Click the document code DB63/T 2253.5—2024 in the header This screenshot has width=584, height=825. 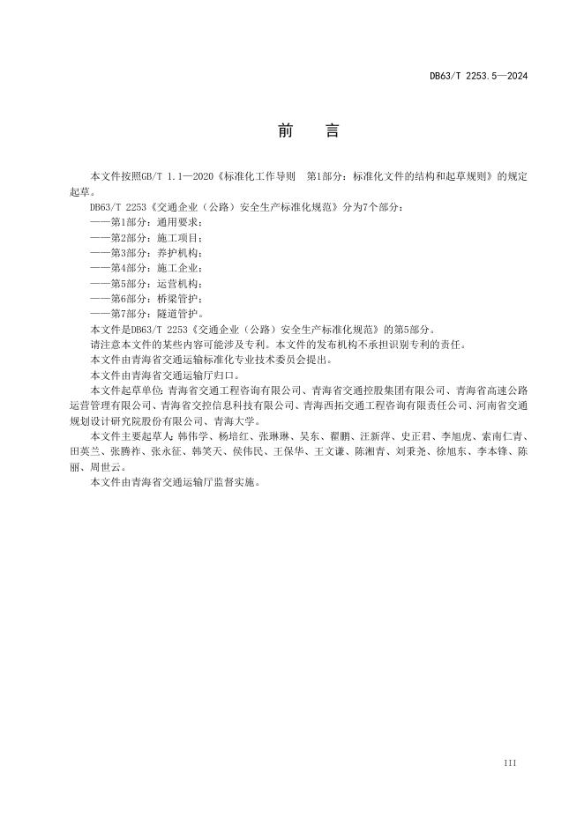click(x=478, y=77)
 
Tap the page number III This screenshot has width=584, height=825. click(x=509, y=762)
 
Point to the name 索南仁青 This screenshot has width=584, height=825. click(x=507, y=435)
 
